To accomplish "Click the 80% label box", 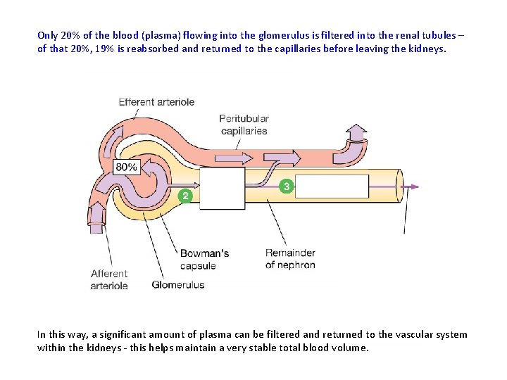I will click(126, 167).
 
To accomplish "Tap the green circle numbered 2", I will click(185, 196).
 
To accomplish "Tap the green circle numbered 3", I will click(285, 186).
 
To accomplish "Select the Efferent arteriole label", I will click(156, 102).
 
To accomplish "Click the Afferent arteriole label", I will click(109, 279).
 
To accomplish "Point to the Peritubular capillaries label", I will click(244, 125).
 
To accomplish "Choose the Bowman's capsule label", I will click(204, 259).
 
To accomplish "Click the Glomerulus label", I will click(178, 285).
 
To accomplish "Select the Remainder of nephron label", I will click(290, 259).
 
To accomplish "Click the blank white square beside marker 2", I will click(223, 188).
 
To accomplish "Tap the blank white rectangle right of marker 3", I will click(331, 186).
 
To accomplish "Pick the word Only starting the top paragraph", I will click(47, 34).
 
